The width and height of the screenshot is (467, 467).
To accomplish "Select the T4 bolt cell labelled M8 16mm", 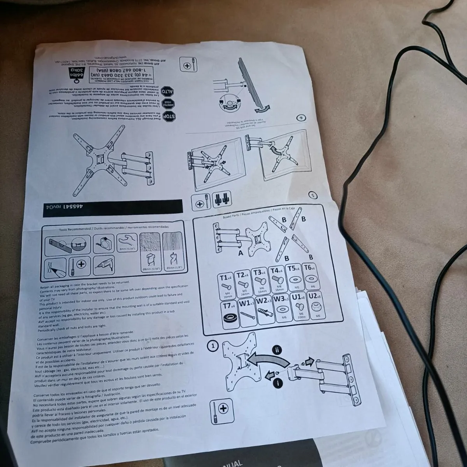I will tap(277, 281).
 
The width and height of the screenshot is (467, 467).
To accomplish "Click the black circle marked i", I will tap(277, 383).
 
